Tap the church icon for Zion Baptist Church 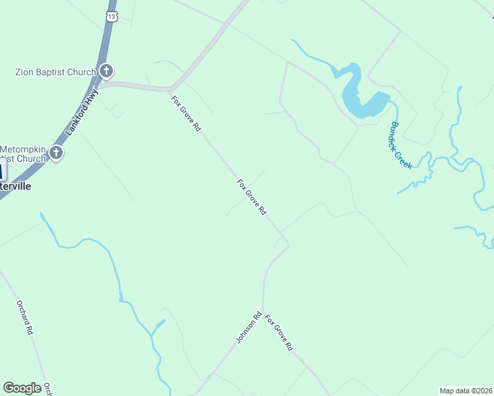[x=106, y=71]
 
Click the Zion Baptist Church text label [x=55, y=71]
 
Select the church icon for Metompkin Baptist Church [x=56, y=154]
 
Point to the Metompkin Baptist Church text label [x=24, y=154]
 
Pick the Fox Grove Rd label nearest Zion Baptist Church [x=186, y=114]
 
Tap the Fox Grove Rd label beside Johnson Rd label [x=279, y=333]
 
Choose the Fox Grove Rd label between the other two [x=252, y=197]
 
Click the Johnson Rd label [x=249, y=327]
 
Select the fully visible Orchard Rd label [x=25, y=318]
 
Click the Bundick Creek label [x=401, y=145]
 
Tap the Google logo [x=22, y=388]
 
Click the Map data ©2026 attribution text [x=466, y=391]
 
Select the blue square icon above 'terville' [x=2, y=170]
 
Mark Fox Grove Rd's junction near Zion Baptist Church [x=171, y=88]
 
